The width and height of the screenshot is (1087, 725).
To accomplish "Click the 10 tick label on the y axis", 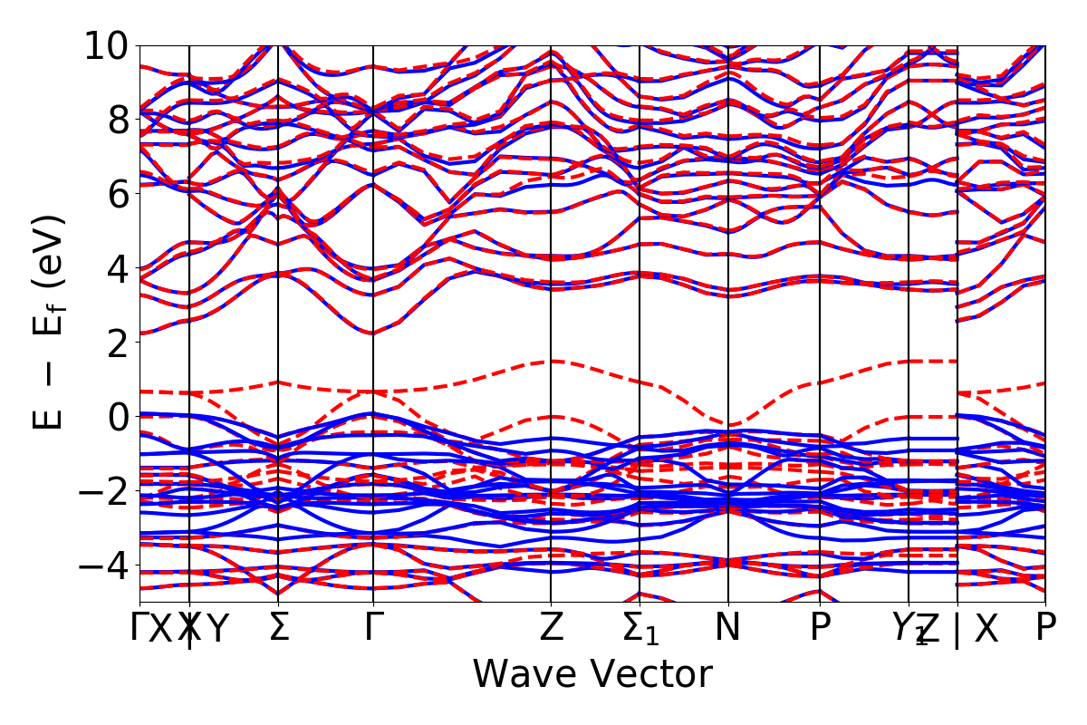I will coord(107,45).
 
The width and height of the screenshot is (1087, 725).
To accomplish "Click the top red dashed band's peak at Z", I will coord(551,361).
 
